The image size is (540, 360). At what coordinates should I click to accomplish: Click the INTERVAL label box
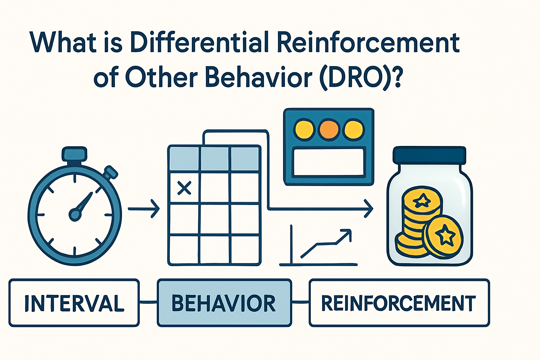tap(74, 303)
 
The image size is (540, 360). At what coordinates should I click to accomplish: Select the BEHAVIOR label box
tap(224, 303)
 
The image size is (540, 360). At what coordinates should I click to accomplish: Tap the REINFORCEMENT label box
tap(399, 303)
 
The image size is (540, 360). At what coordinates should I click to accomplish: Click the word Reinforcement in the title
tap(368, 43)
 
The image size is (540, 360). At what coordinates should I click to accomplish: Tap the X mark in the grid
tap(184, 188)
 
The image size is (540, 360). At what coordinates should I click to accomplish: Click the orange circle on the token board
tap(328, 129)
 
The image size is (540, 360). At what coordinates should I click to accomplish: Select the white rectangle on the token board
tap(328, 162)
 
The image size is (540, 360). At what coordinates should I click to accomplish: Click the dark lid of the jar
tap(429, 155)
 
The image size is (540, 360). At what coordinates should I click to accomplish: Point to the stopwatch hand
tap(83, 205)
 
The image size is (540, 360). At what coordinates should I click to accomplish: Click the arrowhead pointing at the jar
tap(368, 209)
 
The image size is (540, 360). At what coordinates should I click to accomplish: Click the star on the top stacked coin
tap(422, 201)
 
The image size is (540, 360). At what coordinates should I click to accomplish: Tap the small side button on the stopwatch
tap(111, 172)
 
